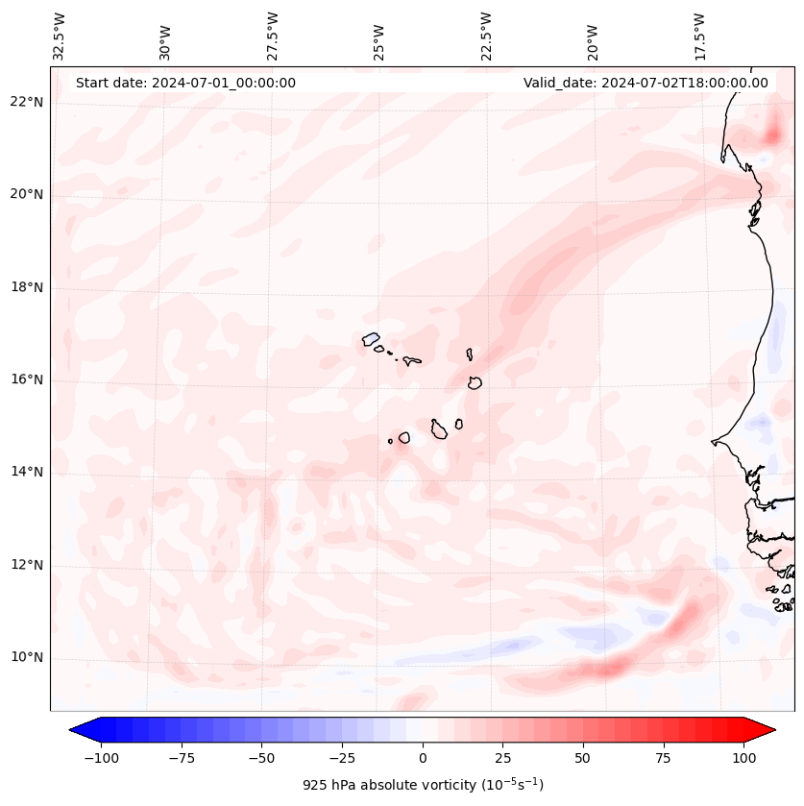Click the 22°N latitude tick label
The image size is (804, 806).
click(27, 102)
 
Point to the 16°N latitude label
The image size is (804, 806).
click(27, 379)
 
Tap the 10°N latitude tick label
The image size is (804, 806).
click(27, 657)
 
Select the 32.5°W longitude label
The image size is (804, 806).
click(60, 37)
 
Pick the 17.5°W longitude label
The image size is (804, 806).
click(699, 37)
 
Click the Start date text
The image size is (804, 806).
click(185, 83)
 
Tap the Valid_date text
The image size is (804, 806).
click(646, 83)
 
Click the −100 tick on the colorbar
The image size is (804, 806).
click(101, 758)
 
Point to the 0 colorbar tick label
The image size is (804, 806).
click(423, 758)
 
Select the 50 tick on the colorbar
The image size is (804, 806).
click(583, 758)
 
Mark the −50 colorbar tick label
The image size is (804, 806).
click(261, 758)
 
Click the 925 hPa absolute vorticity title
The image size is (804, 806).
click(423, 785)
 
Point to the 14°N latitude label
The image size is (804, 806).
click(27, 472)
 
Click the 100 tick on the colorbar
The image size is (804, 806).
click(743, 758)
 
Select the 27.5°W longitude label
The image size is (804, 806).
click(273, 37)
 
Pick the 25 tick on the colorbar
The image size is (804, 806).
click(502, 758)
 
